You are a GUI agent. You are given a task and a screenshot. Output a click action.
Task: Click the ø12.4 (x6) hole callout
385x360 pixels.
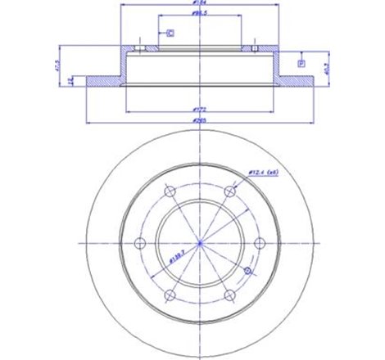click(x=265, y=173)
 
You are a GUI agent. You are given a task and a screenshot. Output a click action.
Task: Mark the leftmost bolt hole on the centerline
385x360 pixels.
click(x=138, y=243)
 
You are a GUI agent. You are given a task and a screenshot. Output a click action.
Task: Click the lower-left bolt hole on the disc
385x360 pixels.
click(x=168, y=294)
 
